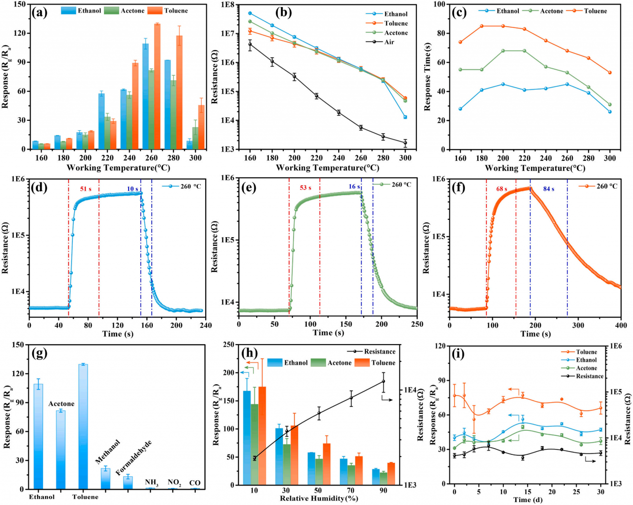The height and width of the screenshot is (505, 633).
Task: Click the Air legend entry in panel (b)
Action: pos(389,42)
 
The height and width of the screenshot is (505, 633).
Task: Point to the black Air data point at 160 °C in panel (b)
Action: pos(250,45)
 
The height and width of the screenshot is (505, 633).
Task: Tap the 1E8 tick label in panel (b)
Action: pos(227,4)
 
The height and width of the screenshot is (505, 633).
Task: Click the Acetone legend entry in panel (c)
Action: pos(552,11)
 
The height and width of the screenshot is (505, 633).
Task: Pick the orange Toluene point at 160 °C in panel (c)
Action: pos(460,42)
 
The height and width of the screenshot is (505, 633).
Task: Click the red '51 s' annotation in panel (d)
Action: pos(86,189)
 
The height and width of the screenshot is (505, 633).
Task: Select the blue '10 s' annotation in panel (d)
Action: pos(133,189)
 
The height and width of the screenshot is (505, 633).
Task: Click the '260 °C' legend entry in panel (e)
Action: pos(401,185)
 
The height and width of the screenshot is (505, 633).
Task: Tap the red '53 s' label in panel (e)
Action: pos(306,188)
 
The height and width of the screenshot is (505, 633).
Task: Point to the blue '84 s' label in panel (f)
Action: pos(549,189)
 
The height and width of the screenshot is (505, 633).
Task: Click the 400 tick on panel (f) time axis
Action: pos(621,325)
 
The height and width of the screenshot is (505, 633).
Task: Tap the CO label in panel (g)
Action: pos(195,483)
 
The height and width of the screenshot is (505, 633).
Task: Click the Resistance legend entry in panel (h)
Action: pos(380,352)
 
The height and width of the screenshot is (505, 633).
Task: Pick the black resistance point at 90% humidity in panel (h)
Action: pos(383,381)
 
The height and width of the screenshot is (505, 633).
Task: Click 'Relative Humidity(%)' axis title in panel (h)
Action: pos(319,498)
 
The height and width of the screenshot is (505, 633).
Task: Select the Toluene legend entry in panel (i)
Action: pos(587,352)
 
